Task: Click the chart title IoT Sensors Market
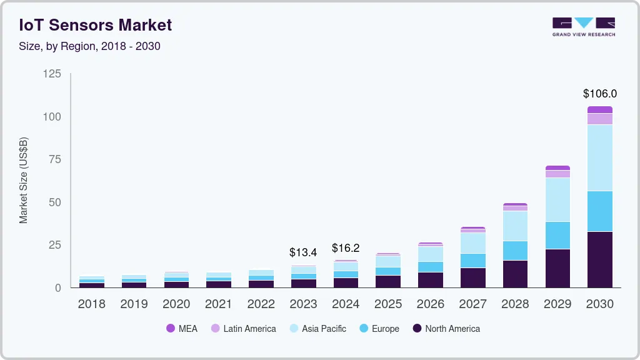[96, 25]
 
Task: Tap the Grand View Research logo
[583, 26]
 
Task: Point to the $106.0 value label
[600, 94]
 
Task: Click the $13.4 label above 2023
[303, 252]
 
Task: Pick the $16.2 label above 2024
[346, 248]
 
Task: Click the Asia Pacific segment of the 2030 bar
[600, 157]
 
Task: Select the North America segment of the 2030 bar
[600, 259]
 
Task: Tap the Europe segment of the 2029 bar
[557, 235]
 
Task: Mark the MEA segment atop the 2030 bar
[600, 109]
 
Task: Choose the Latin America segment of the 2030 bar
[600, 119]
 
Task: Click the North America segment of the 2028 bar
[515, 274]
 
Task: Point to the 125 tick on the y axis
[52, 74]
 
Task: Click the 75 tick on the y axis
[55, 159]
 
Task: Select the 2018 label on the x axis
[91, 304]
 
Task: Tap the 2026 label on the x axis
[430, 304]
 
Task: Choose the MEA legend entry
[181, 329]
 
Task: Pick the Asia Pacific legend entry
[317, 329]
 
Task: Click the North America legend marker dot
[417, 329]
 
